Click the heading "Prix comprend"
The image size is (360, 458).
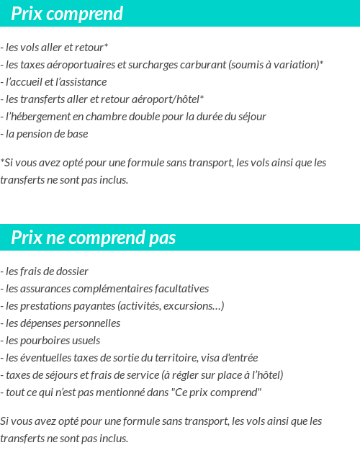(x=67, y=14)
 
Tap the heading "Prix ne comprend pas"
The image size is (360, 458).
(x=93, y=238)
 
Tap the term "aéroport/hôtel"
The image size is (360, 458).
(x=166, y=99)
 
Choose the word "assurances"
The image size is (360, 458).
(x=47, y=289)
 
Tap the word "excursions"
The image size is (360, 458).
(x=193, y=306)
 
